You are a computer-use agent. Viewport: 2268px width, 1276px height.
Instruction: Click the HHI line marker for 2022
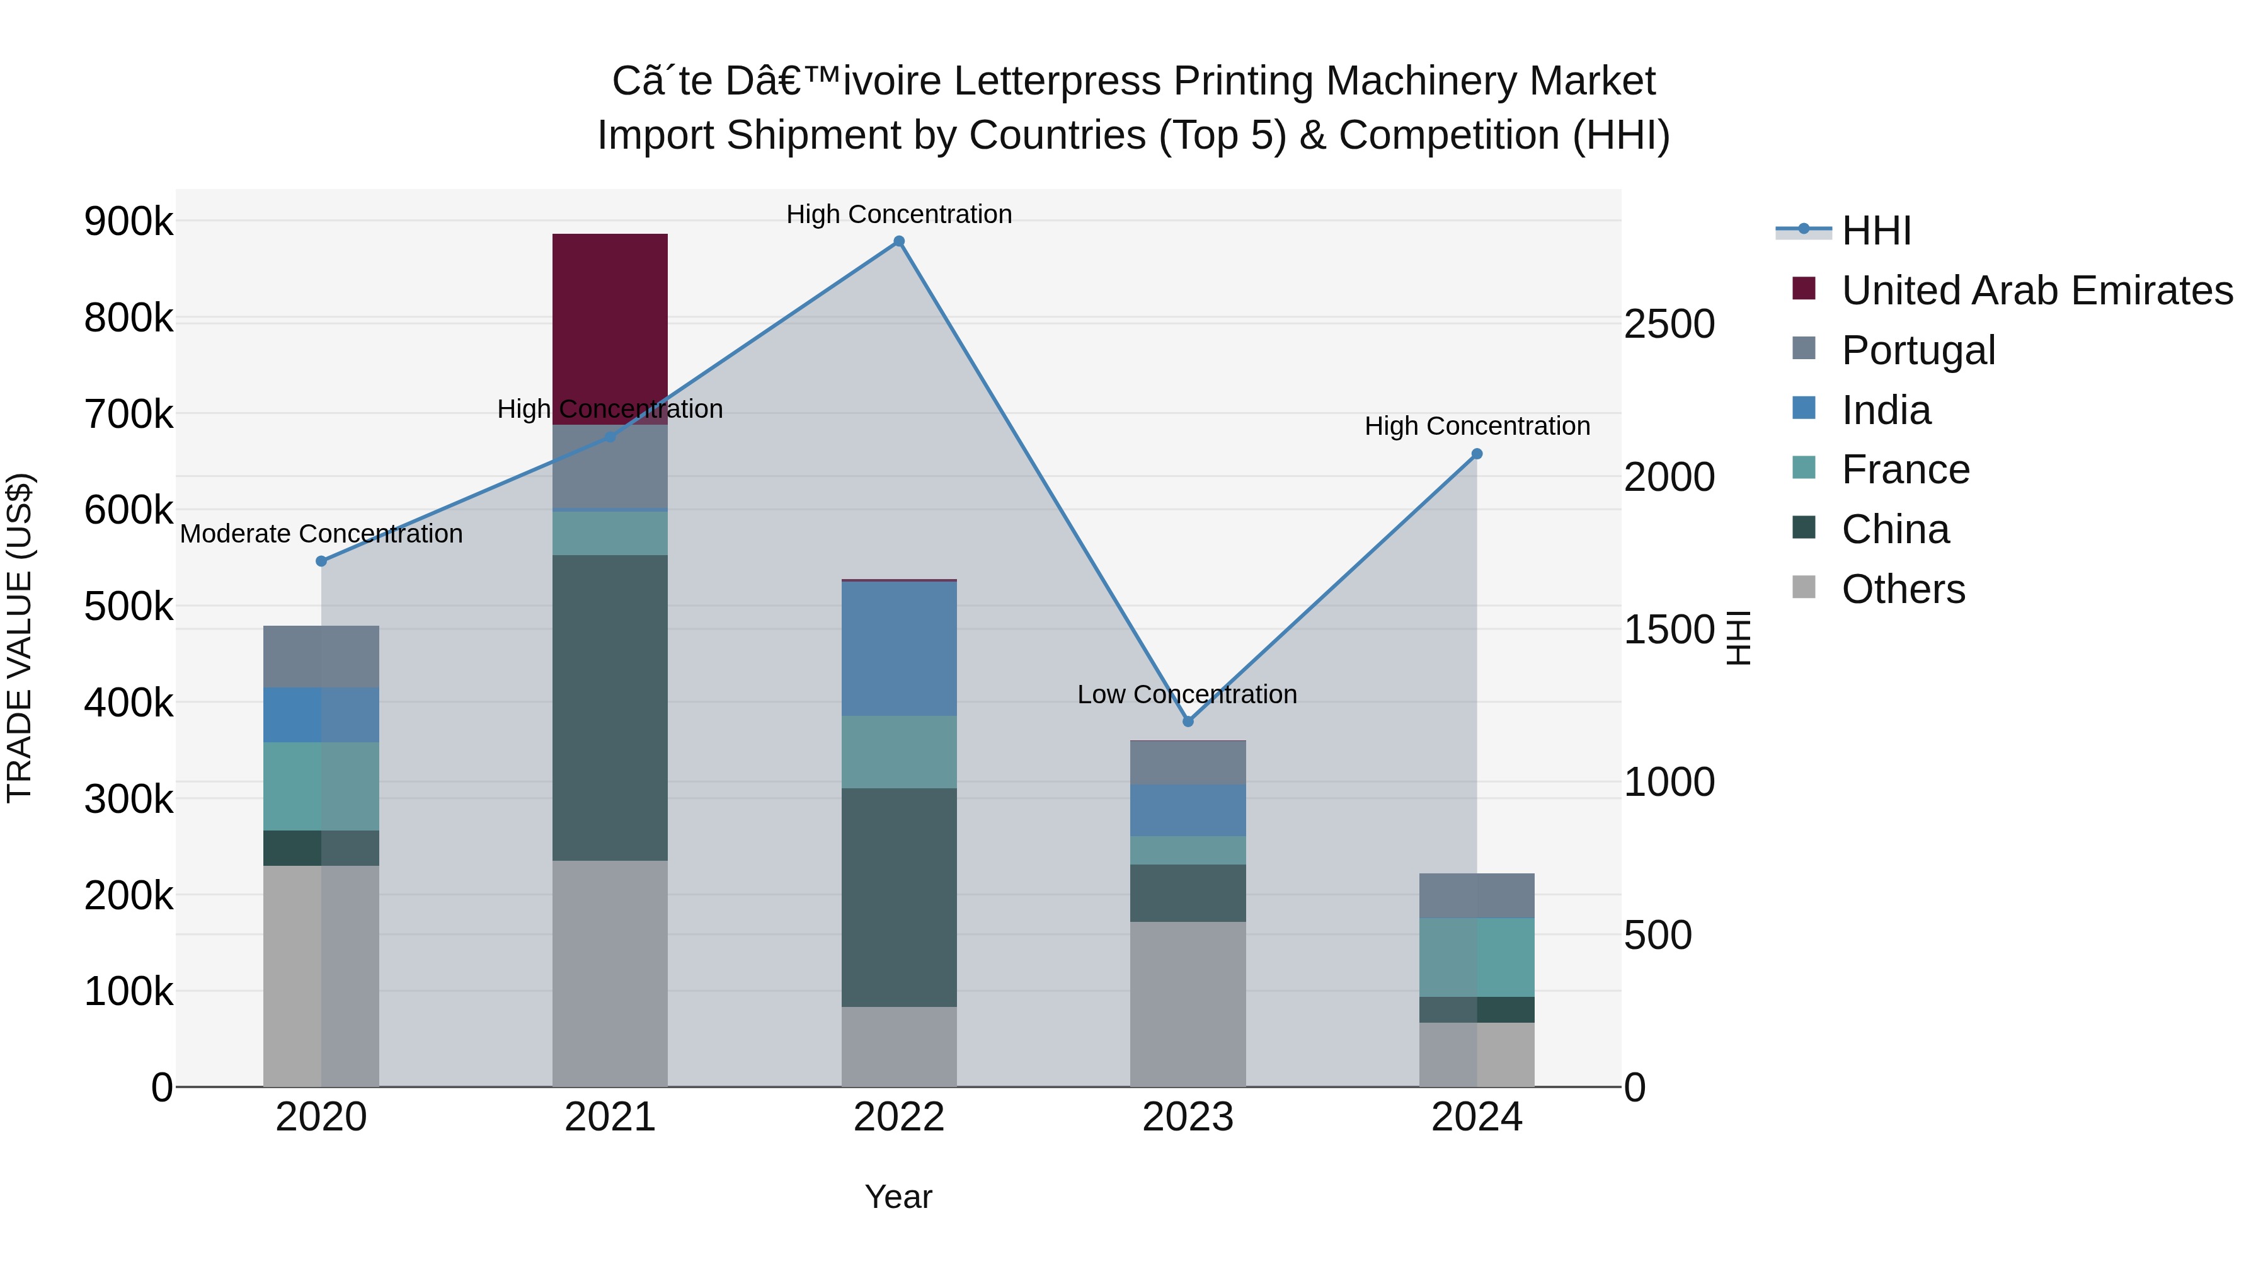899,241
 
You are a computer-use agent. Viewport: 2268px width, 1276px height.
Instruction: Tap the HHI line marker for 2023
1188,721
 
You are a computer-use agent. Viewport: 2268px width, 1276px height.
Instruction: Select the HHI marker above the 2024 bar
1477,454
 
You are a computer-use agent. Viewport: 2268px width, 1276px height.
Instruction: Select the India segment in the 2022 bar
899,648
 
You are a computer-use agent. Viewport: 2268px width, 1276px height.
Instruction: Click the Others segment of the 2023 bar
1188,1004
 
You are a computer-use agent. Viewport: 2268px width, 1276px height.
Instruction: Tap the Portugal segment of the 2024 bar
1477,895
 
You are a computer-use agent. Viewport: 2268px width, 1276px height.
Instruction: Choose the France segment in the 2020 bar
321,786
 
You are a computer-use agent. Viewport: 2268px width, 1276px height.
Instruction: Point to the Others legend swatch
1804,587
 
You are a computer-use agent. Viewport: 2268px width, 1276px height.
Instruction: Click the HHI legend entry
1876,231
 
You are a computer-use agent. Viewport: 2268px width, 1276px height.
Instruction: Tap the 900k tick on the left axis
129,221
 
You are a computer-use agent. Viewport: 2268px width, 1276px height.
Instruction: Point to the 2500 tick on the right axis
1668,324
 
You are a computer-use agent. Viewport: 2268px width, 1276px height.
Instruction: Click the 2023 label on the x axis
1188,1117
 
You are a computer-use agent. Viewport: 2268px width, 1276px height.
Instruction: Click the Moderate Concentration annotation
321,534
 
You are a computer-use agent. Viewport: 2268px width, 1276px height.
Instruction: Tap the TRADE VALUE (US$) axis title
20,638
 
